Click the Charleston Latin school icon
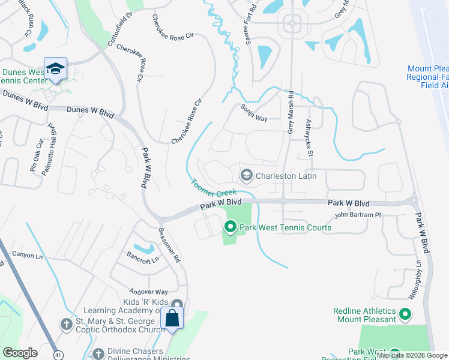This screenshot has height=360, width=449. [246, 175]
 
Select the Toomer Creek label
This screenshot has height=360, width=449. [214, 188]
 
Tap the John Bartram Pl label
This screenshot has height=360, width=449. [358, 215]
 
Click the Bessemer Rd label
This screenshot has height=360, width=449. [169, 245]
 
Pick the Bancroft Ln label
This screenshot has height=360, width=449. [142, 259]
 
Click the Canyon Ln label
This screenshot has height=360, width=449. [31, 257]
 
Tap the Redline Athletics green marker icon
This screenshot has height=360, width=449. [405, 314]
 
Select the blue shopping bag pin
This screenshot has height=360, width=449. [172, 318]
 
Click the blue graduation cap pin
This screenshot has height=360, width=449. [55, 69]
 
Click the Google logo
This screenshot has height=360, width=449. [20, 353]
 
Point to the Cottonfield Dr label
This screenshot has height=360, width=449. [119, 29]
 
